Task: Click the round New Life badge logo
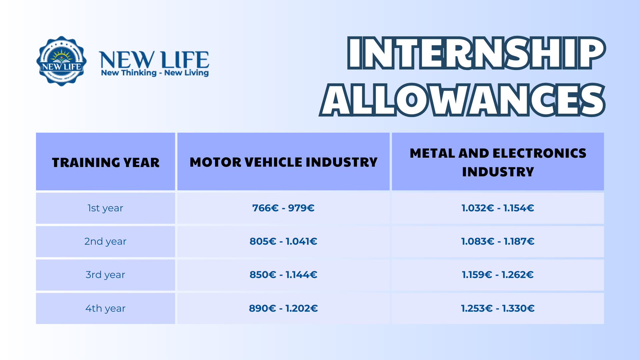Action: (x=62, y=61)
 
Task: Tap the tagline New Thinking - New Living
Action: (x=155, y=73)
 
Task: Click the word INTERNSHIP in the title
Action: (x=476, y=53)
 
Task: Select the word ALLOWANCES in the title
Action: (x=462, y=100)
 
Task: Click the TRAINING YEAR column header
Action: (x=106, y=162)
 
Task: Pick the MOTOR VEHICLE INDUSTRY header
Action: (x=283, y=162)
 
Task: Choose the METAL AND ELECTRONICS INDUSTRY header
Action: (x=498, y=162)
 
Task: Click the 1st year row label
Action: (x=105, y=208)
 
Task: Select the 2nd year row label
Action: (x=105, y=241)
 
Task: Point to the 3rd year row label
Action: (x=105, y=275)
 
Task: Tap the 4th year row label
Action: (x=105, y=308)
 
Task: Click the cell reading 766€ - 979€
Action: (x=283, y=208)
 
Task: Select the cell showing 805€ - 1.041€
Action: (x=283, y=241)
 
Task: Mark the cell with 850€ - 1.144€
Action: (x=283, y=275)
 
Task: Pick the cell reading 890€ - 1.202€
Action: (x=283, y=308)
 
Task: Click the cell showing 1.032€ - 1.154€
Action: (x=498, y=208)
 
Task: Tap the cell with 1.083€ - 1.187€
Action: (x=498, y=241)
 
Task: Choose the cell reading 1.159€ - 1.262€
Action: (x=498, y=275)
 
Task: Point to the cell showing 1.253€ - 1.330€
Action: (x=498, y=308)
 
